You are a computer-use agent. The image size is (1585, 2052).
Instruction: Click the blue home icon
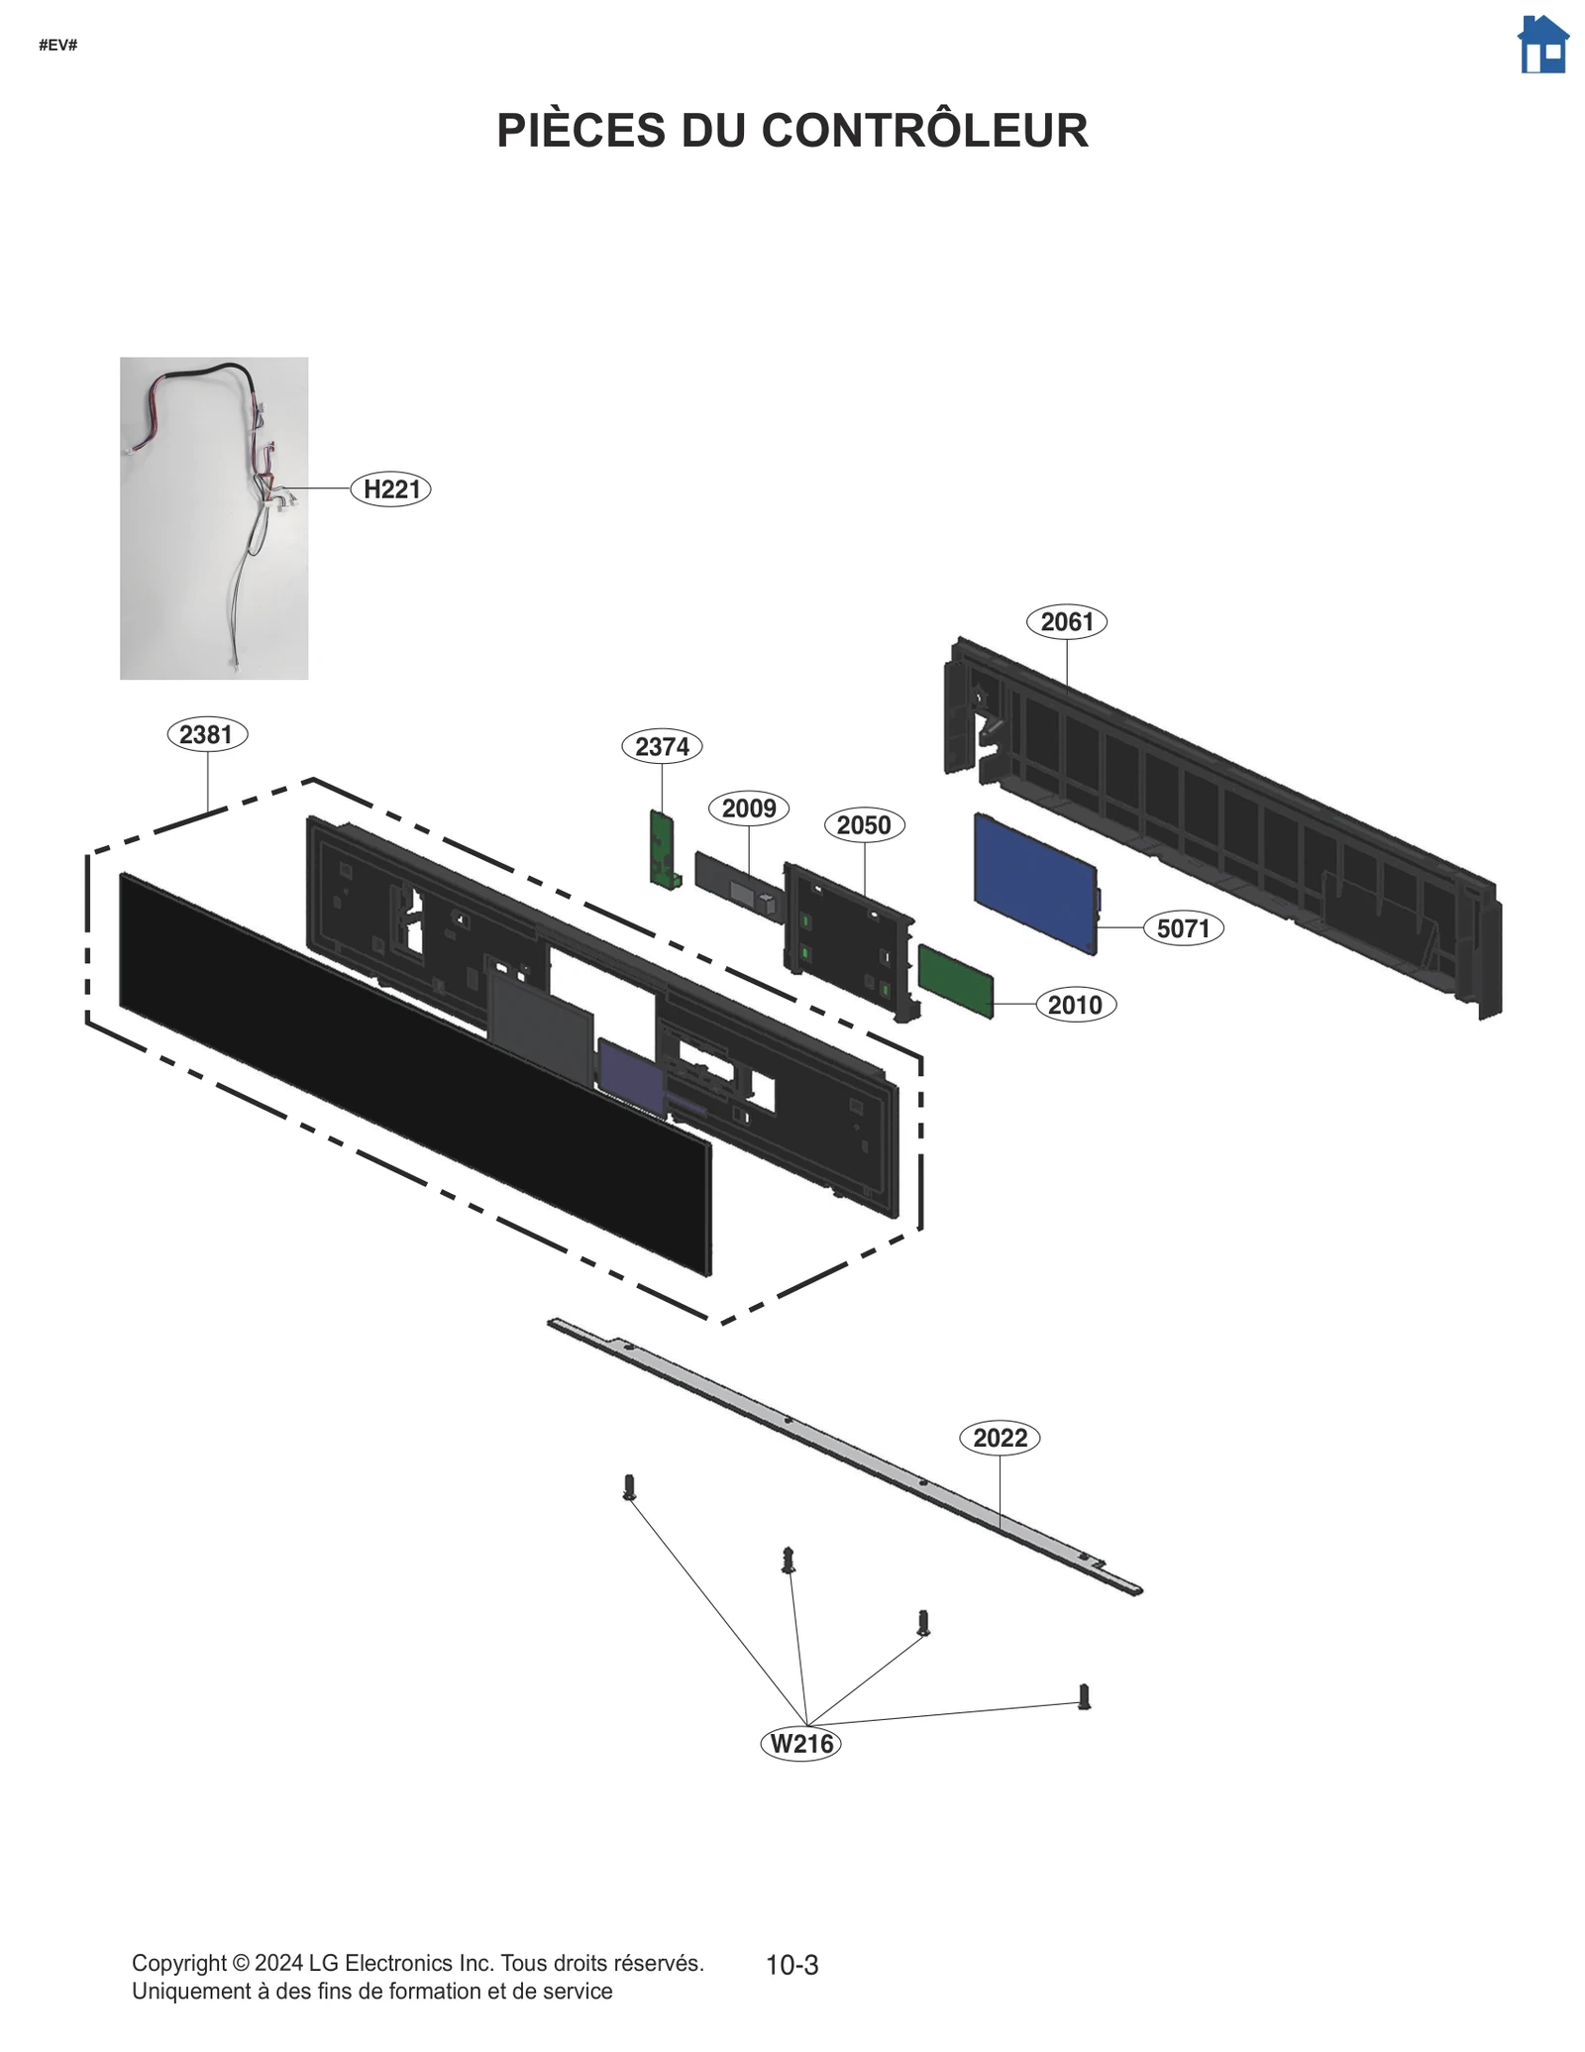point(1542,45)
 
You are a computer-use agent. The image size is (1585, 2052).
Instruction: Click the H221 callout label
point(391,489)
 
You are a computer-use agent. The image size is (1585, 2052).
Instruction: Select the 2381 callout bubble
point(206,734)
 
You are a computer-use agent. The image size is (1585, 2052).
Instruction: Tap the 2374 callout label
point(662,746)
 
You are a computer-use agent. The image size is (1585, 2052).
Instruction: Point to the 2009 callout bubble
point(749,809)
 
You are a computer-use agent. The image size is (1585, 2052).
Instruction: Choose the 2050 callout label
point(864,824)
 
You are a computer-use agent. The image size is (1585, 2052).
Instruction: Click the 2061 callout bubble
point(1066,621)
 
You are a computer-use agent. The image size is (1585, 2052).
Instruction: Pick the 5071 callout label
point(1183,928)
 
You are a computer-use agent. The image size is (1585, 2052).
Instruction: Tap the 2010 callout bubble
point(1075,1005)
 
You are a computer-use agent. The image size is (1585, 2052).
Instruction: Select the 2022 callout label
point(1000,1438)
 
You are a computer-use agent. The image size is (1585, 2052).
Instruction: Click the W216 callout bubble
point(800,1743)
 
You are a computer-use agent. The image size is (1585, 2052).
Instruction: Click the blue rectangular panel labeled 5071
point(1035,883)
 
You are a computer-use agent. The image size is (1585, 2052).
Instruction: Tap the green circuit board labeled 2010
point(955,980)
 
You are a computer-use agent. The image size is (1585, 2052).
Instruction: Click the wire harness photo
point(214,518)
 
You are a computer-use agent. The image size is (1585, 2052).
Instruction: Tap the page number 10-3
point(792,1965)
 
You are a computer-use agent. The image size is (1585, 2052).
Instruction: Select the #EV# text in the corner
point(57,46)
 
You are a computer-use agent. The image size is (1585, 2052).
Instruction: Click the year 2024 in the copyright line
point(278,1963)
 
